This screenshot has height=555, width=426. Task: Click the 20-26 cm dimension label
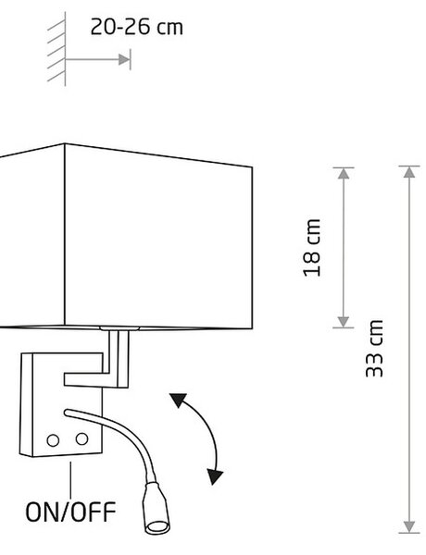137,27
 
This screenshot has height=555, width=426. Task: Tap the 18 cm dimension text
312,247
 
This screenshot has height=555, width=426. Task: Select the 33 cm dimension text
375,349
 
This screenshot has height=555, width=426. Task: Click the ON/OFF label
70,512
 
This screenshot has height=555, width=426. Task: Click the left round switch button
53,440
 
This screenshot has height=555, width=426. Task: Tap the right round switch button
81,438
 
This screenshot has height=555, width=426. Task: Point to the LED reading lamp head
156,507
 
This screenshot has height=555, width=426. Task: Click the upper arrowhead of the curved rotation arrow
178,400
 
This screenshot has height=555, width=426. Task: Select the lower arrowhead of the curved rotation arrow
215,476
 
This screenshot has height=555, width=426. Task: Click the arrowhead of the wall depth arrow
125,59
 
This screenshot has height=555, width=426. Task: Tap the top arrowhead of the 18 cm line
343,173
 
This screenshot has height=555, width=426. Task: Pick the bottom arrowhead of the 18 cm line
343,322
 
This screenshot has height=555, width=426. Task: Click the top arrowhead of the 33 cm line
409,172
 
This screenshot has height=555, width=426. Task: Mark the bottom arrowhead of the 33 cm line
409,526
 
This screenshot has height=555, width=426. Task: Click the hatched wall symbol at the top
56,48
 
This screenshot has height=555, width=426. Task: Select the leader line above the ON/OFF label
70,480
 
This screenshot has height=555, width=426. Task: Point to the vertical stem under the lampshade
119,358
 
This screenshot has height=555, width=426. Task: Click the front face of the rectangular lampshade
158,237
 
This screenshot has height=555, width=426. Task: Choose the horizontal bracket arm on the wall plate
91,379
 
